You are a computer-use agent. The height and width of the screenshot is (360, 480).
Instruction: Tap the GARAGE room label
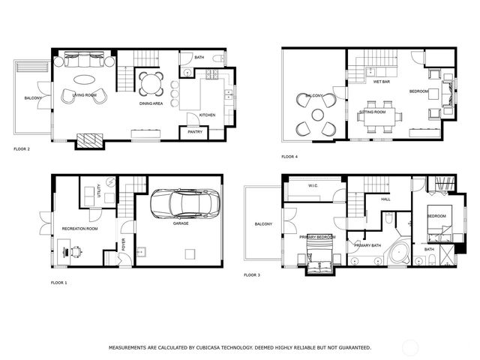(x=181, y=223)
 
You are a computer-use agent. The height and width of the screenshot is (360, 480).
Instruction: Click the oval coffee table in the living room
(x=82, y=79)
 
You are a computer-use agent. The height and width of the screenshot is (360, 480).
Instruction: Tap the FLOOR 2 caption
(x=22, y=149)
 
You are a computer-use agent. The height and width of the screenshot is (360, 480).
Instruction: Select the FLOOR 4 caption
(x=289, y=157)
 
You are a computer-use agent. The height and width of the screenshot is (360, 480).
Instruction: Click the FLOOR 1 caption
(x=58, y=283)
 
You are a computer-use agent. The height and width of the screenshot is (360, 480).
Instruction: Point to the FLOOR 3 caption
(x=252, y=275)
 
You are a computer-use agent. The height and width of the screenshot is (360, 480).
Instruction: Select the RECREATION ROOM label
(x=79, y=228)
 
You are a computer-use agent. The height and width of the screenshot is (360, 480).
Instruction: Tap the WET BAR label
(x=380, y=82)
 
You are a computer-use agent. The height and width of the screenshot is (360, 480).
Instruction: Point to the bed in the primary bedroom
(x=319, y=262)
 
